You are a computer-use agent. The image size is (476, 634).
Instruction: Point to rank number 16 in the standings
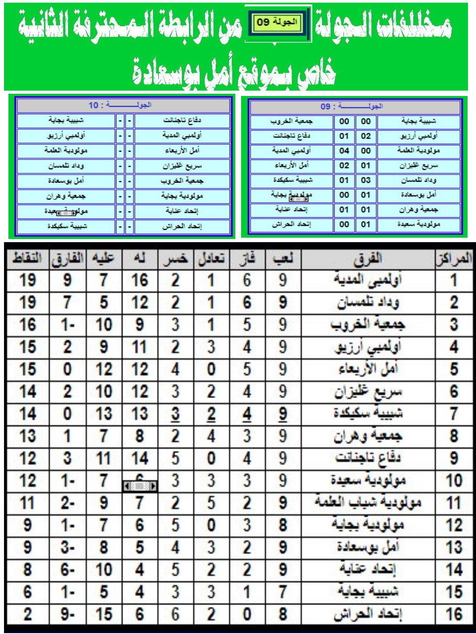pos(454,614)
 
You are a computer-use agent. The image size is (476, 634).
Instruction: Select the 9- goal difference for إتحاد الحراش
pos(67,614)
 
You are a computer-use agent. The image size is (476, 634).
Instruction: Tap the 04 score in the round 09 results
pos(344,151)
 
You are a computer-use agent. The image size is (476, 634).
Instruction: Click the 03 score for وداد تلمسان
pos(366,180)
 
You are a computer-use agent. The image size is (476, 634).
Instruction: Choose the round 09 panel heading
pos(355,107)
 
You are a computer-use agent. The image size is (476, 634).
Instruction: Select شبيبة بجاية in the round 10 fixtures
pos(67,120)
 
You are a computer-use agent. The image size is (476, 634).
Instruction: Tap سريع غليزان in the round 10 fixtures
pos(182,166)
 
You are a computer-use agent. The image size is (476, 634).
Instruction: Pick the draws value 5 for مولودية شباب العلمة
pos(211,503)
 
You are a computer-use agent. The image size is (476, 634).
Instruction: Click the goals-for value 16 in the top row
pos(140,280)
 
